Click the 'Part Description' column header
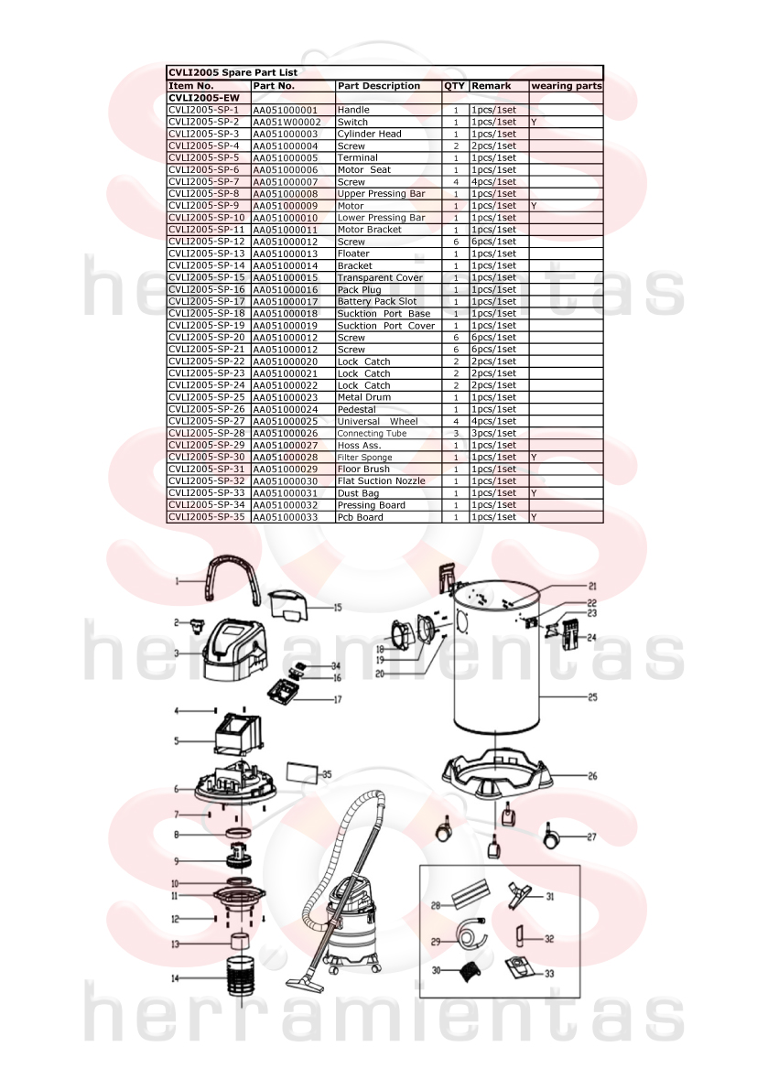[x=379, y=86]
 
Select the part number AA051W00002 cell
[x=287, y=122]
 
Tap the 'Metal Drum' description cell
[x=364, y=397]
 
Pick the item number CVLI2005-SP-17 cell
[x=207, y=302]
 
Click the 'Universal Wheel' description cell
[x=377, y=421]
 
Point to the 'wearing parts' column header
[x=567, y=86]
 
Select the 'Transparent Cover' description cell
[x=380, y=277]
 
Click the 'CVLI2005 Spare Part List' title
[x=233, y=72]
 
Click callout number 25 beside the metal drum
[x=592, y=697]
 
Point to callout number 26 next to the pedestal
[x=592, y=776]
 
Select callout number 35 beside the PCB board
[x=327, y=774]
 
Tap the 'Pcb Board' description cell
[x=360, y=517]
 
